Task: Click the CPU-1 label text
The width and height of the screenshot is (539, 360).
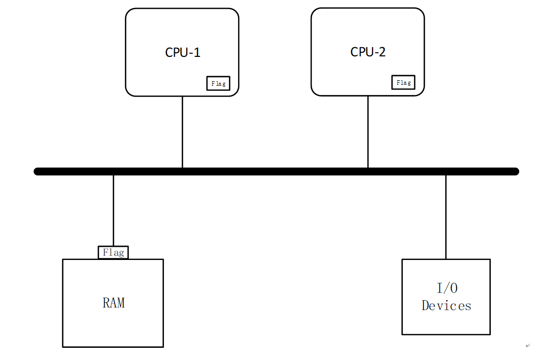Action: [183, 52]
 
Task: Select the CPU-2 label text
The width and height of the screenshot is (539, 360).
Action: [368, 52]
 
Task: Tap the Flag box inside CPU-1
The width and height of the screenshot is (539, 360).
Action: [218, 83]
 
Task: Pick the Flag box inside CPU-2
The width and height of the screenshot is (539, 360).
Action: [403, 82]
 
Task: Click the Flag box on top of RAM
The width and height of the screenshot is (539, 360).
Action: [113, 252]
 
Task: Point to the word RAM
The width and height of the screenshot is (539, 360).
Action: [114, 303]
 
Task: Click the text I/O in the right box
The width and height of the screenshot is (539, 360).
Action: [447, 288]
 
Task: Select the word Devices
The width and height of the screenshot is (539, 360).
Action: [446, 306]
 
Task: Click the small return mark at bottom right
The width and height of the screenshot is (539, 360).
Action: [528, 345]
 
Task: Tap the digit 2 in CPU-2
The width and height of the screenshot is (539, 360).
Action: [382, 52]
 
